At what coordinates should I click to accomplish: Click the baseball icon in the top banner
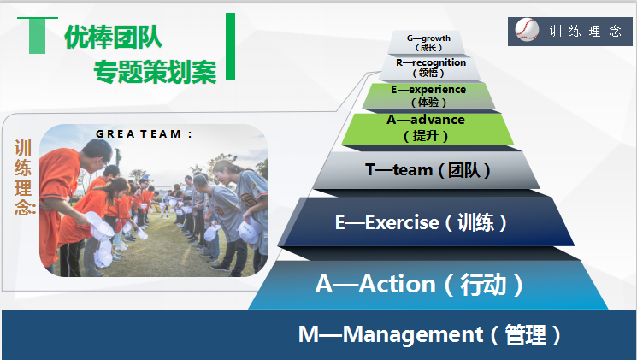(x=527, y=30)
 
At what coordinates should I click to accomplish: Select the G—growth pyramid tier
(x=428, y=42)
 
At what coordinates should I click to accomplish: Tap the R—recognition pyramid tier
(x=430, y=68)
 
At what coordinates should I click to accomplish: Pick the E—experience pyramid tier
(x=428, y=96)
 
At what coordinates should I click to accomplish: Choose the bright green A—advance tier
(x=428, y=129)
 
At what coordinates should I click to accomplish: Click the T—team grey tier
(x=427, y=170)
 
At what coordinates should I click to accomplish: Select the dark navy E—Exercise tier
(x=426, y=221)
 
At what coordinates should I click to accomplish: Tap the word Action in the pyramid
(x=397, y=284)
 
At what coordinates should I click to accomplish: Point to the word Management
(x=413, y=334)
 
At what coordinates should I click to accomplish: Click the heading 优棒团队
(x=114, y=37)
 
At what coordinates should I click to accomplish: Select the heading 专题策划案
(x=155, y=72)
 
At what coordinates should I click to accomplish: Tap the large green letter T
(x=38, y=35)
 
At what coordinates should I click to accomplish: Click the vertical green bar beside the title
(x=230, y=46)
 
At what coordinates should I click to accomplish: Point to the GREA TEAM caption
(x=145, y=133)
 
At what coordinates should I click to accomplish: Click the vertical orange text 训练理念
(x=24, y=177)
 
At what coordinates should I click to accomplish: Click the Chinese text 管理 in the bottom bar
(x=525, y=335)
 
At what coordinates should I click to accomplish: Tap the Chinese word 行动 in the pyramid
(x=483, y=284)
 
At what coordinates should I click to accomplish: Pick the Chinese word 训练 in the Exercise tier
(x=475, y=222)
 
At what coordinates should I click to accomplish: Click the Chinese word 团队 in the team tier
(x=464, y=170)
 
